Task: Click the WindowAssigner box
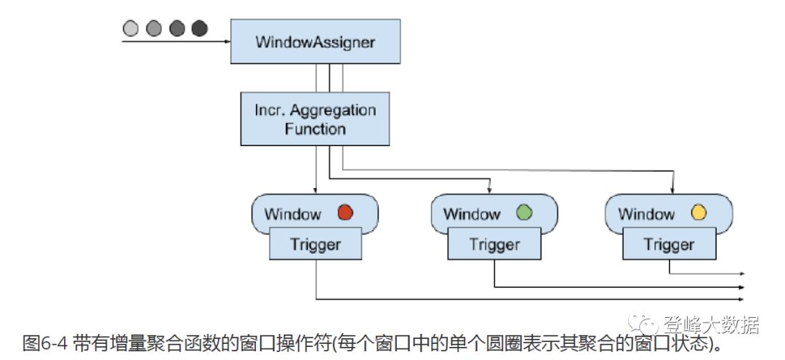click(315, 41)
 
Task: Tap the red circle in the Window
click(345, 212)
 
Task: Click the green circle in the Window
click(524, 213)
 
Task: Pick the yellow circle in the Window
click(699, 213)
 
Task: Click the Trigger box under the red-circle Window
click(315, 243)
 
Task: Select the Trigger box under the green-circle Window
click(494, 243)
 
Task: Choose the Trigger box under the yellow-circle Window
click(669, 243)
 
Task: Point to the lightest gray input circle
click(131, 28)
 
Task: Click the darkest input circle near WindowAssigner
click(199, 28)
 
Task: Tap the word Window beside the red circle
click(292, 214)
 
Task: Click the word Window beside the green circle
click(472, 214)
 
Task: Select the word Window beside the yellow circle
click(646, 214)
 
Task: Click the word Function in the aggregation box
click(315, 129)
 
